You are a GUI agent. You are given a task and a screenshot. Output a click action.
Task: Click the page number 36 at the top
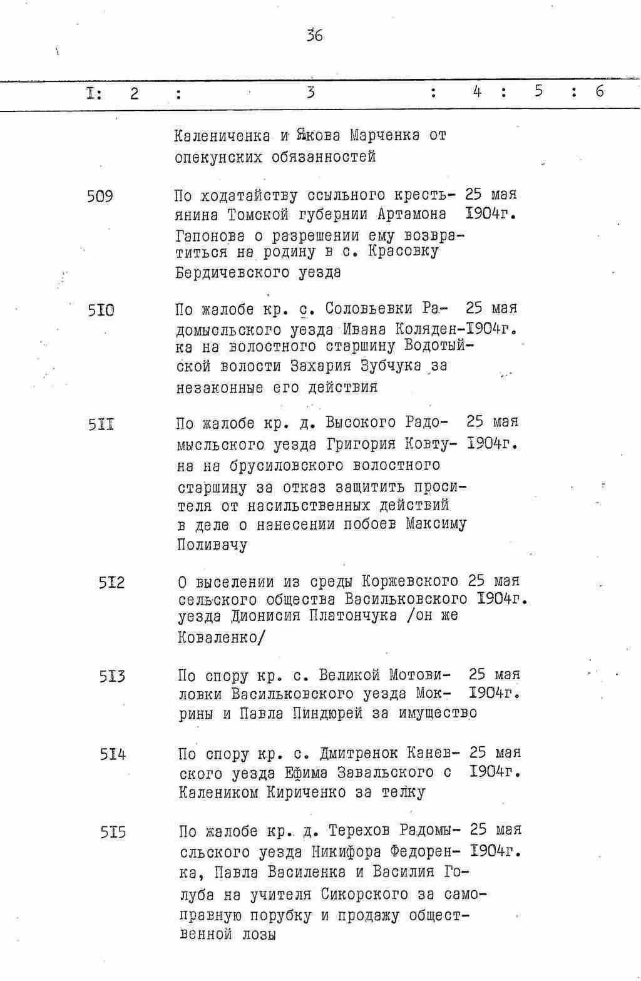coord(314,36)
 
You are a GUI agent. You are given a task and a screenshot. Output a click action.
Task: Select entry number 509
coord(100,197)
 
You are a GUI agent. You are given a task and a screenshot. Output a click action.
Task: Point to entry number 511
coord(101,425)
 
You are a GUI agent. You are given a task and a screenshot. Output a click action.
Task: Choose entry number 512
coord(111,583)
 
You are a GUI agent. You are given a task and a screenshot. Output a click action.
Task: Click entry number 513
coord(112,676)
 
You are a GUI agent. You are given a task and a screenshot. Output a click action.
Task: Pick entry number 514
coord(113,754)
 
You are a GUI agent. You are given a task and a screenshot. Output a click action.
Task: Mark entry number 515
coord(113,833)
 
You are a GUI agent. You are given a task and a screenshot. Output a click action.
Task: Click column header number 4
coord(477,92)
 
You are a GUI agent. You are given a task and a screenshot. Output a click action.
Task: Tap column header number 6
coord(600,92)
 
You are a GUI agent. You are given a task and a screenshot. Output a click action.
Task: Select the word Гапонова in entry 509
coord(205,236)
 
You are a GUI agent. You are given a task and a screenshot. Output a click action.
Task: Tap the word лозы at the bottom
coord(259,935)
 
